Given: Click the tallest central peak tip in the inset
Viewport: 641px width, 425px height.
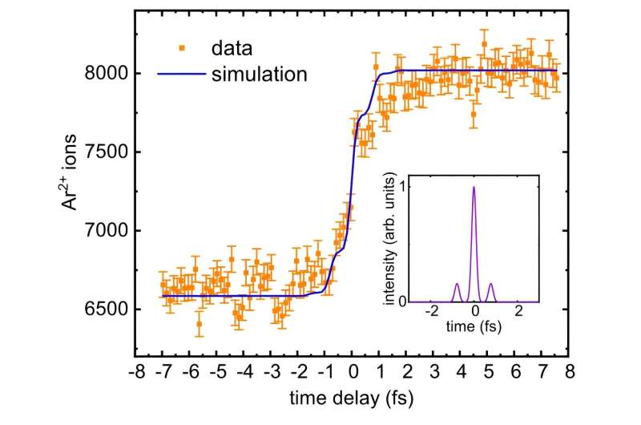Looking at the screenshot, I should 474,187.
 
